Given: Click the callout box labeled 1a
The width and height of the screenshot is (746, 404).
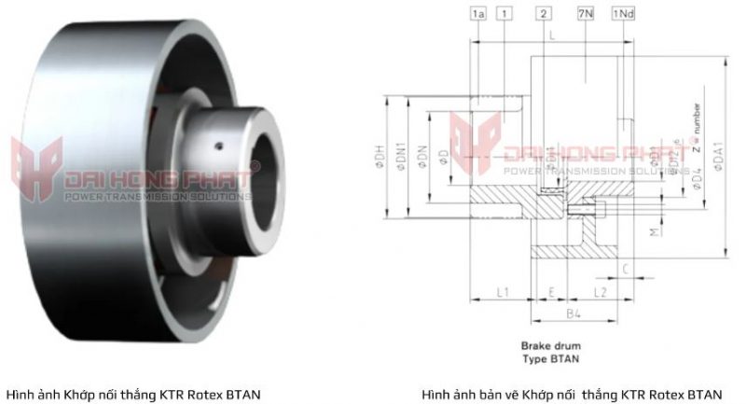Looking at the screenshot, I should click(479, 14).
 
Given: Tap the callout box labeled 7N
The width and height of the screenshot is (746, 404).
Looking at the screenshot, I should click(586, 14).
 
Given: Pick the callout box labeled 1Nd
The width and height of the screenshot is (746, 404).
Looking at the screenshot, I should click(623, 14).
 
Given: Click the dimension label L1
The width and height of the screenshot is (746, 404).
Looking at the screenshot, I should click(502, 292).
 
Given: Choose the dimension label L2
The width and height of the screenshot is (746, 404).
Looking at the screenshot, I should click(601, 292).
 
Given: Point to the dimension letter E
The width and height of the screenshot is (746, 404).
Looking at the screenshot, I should click(553, 292).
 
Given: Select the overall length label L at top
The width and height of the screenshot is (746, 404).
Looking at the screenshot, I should click(552, 35).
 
